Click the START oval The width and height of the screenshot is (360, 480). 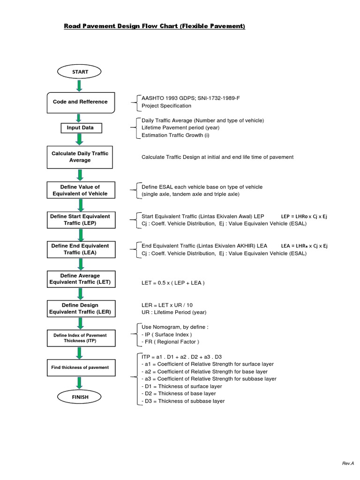tap(80, 72)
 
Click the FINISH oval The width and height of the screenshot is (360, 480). tap(80, 397)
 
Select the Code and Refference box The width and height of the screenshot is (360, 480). tap(80, 102)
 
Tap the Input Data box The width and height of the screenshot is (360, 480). tap(80, 127)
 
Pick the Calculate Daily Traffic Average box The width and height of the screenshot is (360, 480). tap(80, 157)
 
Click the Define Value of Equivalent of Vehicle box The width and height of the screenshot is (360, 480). tap(80, 190)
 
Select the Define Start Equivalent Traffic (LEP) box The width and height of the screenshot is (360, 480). tap(80, 220)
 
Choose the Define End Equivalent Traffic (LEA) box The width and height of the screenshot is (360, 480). tap(80, 249)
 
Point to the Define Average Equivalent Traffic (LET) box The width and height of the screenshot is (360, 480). tap(80, 279)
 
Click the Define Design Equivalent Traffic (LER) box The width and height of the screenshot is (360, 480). tap(80, 308)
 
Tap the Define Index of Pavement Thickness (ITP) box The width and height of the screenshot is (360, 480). tap(80, 338)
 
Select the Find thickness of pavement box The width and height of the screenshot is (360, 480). tap(80, 367)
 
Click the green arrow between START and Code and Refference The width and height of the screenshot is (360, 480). tap(80, 86)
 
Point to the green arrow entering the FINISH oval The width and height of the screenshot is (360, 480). tap(80, 382)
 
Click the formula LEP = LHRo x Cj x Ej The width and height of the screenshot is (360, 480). tap(304, 217)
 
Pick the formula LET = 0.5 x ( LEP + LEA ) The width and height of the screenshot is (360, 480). tap(173, 283)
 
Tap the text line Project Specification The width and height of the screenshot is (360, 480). tap(166, 105)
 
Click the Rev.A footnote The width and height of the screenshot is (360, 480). tap(347, 463)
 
